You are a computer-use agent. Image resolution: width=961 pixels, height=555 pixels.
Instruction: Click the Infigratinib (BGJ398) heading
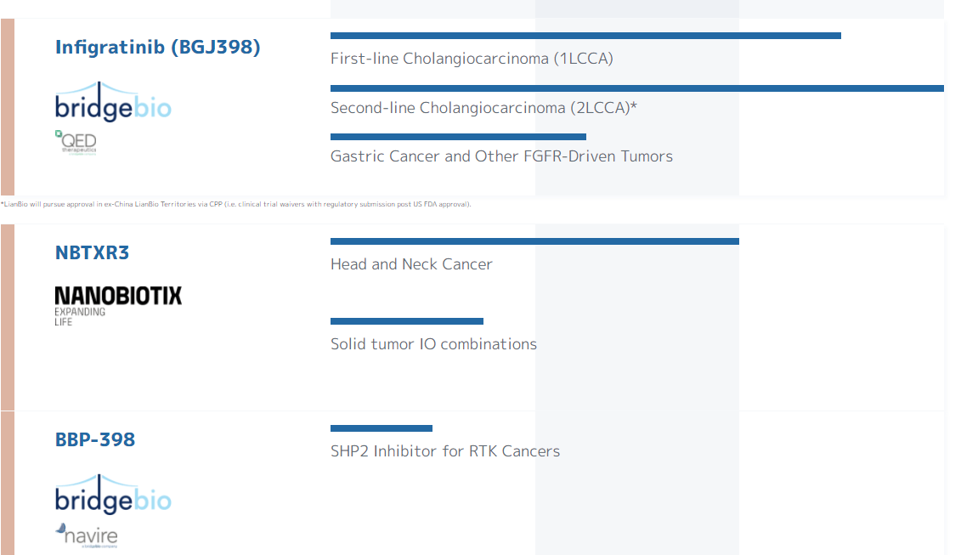pos(157,47)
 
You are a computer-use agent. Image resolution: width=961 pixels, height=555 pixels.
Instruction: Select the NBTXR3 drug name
pos(92,252)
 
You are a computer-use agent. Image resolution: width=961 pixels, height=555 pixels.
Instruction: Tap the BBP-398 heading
pos(95,439)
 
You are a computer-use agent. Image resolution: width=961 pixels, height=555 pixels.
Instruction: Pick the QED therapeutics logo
pos(76,142)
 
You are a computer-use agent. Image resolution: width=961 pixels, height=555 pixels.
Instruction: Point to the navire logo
pos(87,535)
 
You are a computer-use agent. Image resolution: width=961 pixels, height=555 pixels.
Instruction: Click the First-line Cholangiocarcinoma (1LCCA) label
pos(472,59)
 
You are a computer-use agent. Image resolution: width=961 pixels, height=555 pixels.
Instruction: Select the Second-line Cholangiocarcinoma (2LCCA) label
pos(483,108)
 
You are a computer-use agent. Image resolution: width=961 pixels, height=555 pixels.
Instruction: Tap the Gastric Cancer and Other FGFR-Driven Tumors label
pos(501,156)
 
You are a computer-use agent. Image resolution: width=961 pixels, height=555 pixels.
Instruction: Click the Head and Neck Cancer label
pos(411,264)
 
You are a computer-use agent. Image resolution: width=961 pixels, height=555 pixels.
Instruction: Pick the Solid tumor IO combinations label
pos(433,344)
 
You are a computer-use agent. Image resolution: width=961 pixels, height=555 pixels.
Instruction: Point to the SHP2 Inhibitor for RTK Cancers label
pos(445,451)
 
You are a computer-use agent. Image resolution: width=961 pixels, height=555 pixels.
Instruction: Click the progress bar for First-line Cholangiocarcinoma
pos(585,36)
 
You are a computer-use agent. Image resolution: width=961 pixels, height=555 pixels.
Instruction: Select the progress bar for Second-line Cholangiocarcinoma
pos(636,88)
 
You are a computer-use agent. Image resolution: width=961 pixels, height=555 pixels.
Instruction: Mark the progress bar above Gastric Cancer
pos(458,137)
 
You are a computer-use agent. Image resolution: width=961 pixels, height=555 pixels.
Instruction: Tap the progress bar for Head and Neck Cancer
pos(534,241)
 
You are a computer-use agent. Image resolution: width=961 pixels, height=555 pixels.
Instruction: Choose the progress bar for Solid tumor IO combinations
pos(407,321)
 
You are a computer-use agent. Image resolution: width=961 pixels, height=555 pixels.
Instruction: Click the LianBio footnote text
pos(235,204)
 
